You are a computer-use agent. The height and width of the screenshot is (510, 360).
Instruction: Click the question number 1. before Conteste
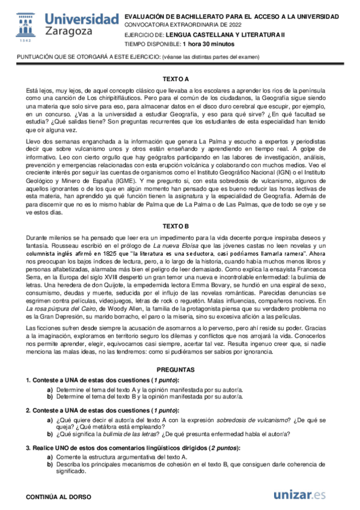28,381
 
